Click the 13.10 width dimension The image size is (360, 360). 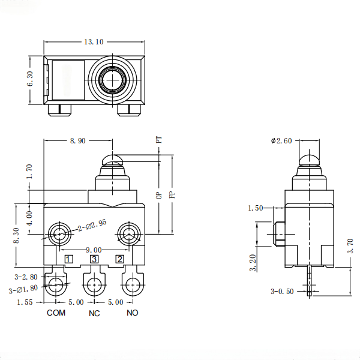[x=94, y=41]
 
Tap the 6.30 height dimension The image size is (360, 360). [x=29, y=79]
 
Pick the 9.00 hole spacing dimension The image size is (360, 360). [x=94, y=250]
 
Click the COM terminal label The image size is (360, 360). [x=56, y=313]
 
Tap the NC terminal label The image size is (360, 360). [x=94, y=313]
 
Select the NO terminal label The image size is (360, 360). [x=133, y=313]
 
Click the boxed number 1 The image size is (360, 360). [x=69, y=259]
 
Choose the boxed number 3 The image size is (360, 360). [x=94, y=259]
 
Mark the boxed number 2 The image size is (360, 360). [x=120, y=259]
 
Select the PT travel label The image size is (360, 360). [x=159, y=139]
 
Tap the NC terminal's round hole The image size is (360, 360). [x=94, y=285]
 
